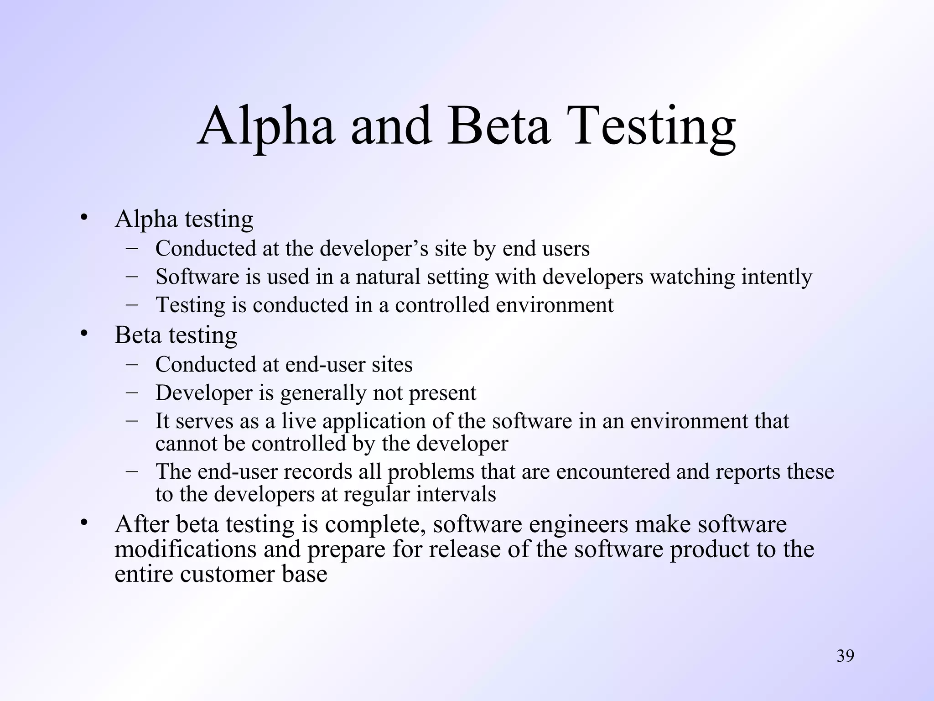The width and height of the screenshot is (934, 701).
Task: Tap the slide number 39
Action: tap(845, 656)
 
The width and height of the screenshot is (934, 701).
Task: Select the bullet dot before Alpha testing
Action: tap(83, 218)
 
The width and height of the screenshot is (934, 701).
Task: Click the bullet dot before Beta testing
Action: tap(83, 334)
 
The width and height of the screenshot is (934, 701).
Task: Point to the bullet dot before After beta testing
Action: tap(83, 523)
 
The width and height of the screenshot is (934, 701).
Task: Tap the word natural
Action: tap(388, 277)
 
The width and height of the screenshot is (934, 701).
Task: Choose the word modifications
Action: tap(185, 549)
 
